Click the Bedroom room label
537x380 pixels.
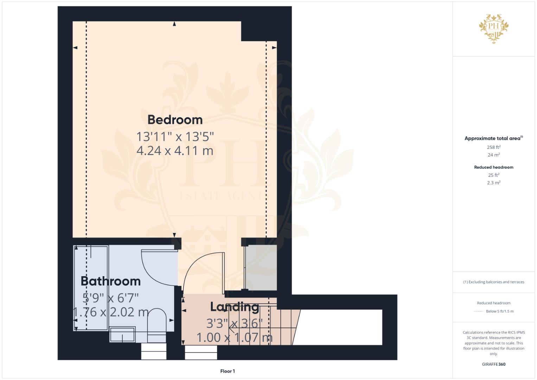(175, 120)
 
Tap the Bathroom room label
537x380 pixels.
(110, 281)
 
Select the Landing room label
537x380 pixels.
(235, 307)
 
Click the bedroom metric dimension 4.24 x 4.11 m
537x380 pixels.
(175, 151)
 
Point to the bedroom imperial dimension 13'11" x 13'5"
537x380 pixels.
(175, 137)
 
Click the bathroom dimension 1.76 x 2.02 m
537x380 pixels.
(111, 312)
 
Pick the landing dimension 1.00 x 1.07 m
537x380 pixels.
(235, 337)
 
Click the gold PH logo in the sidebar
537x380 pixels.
(494, 28)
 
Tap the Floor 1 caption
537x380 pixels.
(228, 371)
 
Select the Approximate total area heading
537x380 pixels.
(494, 138)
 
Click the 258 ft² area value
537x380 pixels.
(494, 147)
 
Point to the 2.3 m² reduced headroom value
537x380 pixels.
(494, 183)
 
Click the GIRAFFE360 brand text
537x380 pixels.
(494, 364)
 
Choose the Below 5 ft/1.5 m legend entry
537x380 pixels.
(500, 311)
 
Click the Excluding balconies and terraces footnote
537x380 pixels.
(494, 282)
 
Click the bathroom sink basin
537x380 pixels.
(122, 334)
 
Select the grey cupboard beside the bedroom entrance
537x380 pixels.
(261, 267)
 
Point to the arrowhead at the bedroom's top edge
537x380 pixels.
(174, 24)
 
